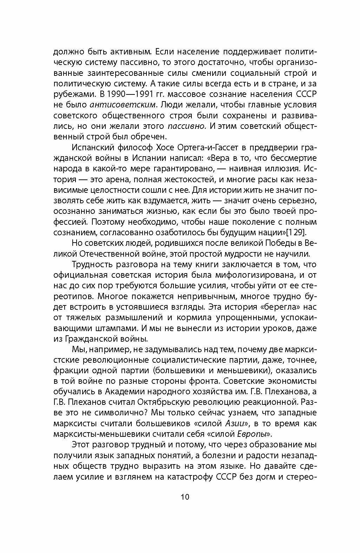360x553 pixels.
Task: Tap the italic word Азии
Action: tap(235, 423)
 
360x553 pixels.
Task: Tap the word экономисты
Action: tap(293, 381)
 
